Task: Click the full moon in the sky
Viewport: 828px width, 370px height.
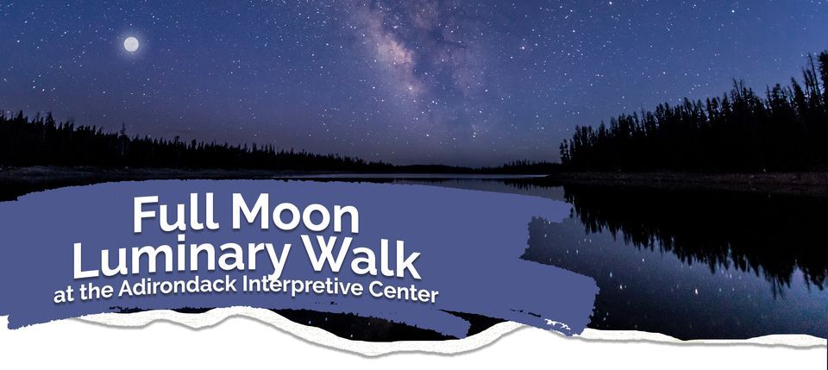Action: point(131,44)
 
